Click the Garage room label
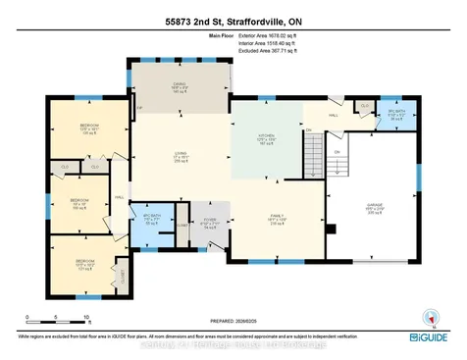(x=373, y=209)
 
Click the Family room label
(x=276, y=221)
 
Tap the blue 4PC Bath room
(x=152, y=220)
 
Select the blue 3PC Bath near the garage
(x=394, y=115)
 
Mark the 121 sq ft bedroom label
(x=84, y=263)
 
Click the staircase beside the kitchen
(x=313, y=150)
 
